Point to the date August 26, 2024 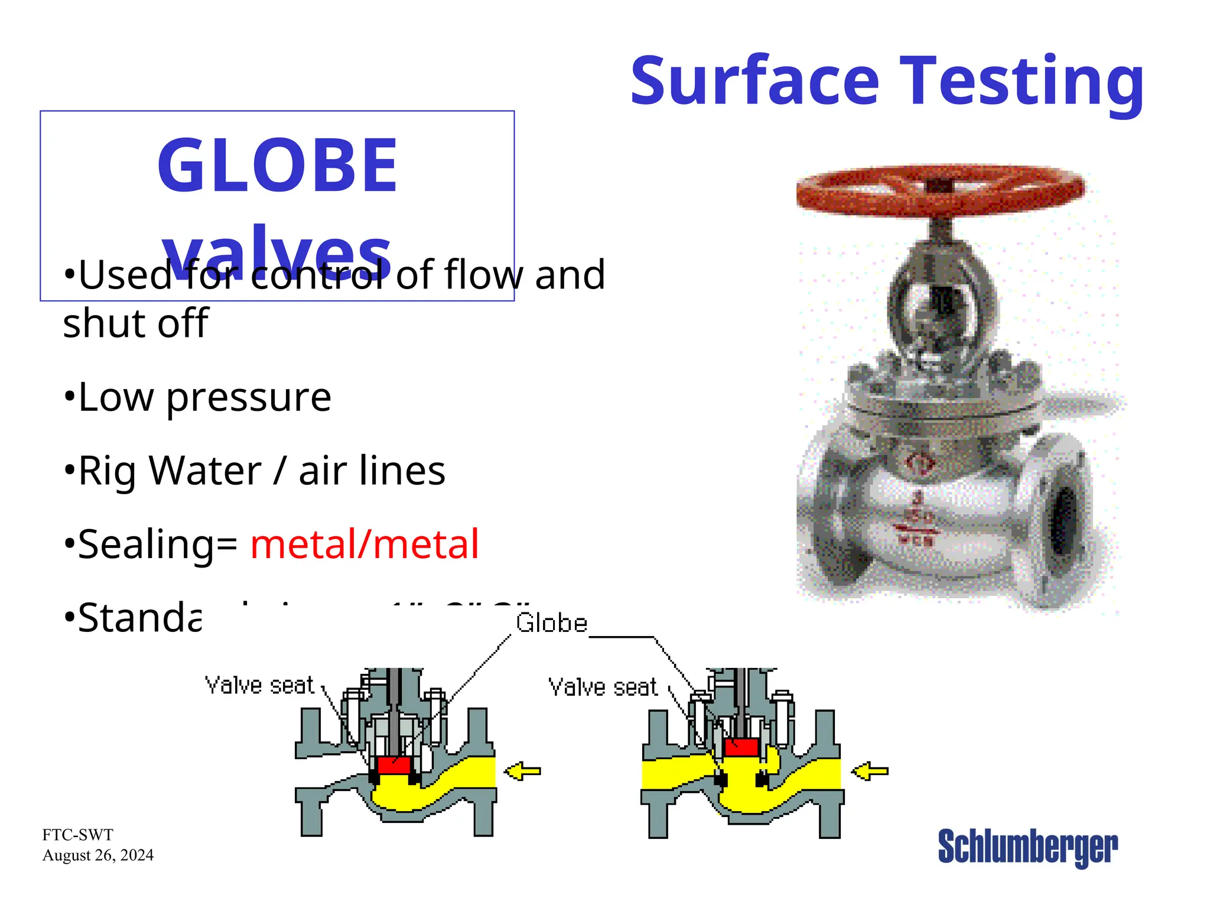tap(98, 855)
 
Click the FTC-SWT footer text tap(77, 835)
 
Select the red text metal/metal tap(365, 544)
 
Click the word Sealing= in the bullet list tap(157, 544)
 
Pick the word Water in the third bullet tap(205, 471)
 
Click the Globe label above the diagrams tap(551, 623)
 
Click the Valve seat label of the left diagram tap(259, 685)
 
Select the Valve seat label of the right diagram tap(603, 688)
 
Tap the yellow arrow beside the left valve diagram tap(522, 771)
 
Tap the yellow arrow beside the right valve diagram tap(870, 771)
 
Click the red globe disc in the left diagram tap(393, 766)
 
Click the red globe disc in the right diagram tap(741, 747)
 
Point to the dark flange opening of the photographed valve tap(1064, 520)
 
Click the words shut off tap(135, 323)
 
